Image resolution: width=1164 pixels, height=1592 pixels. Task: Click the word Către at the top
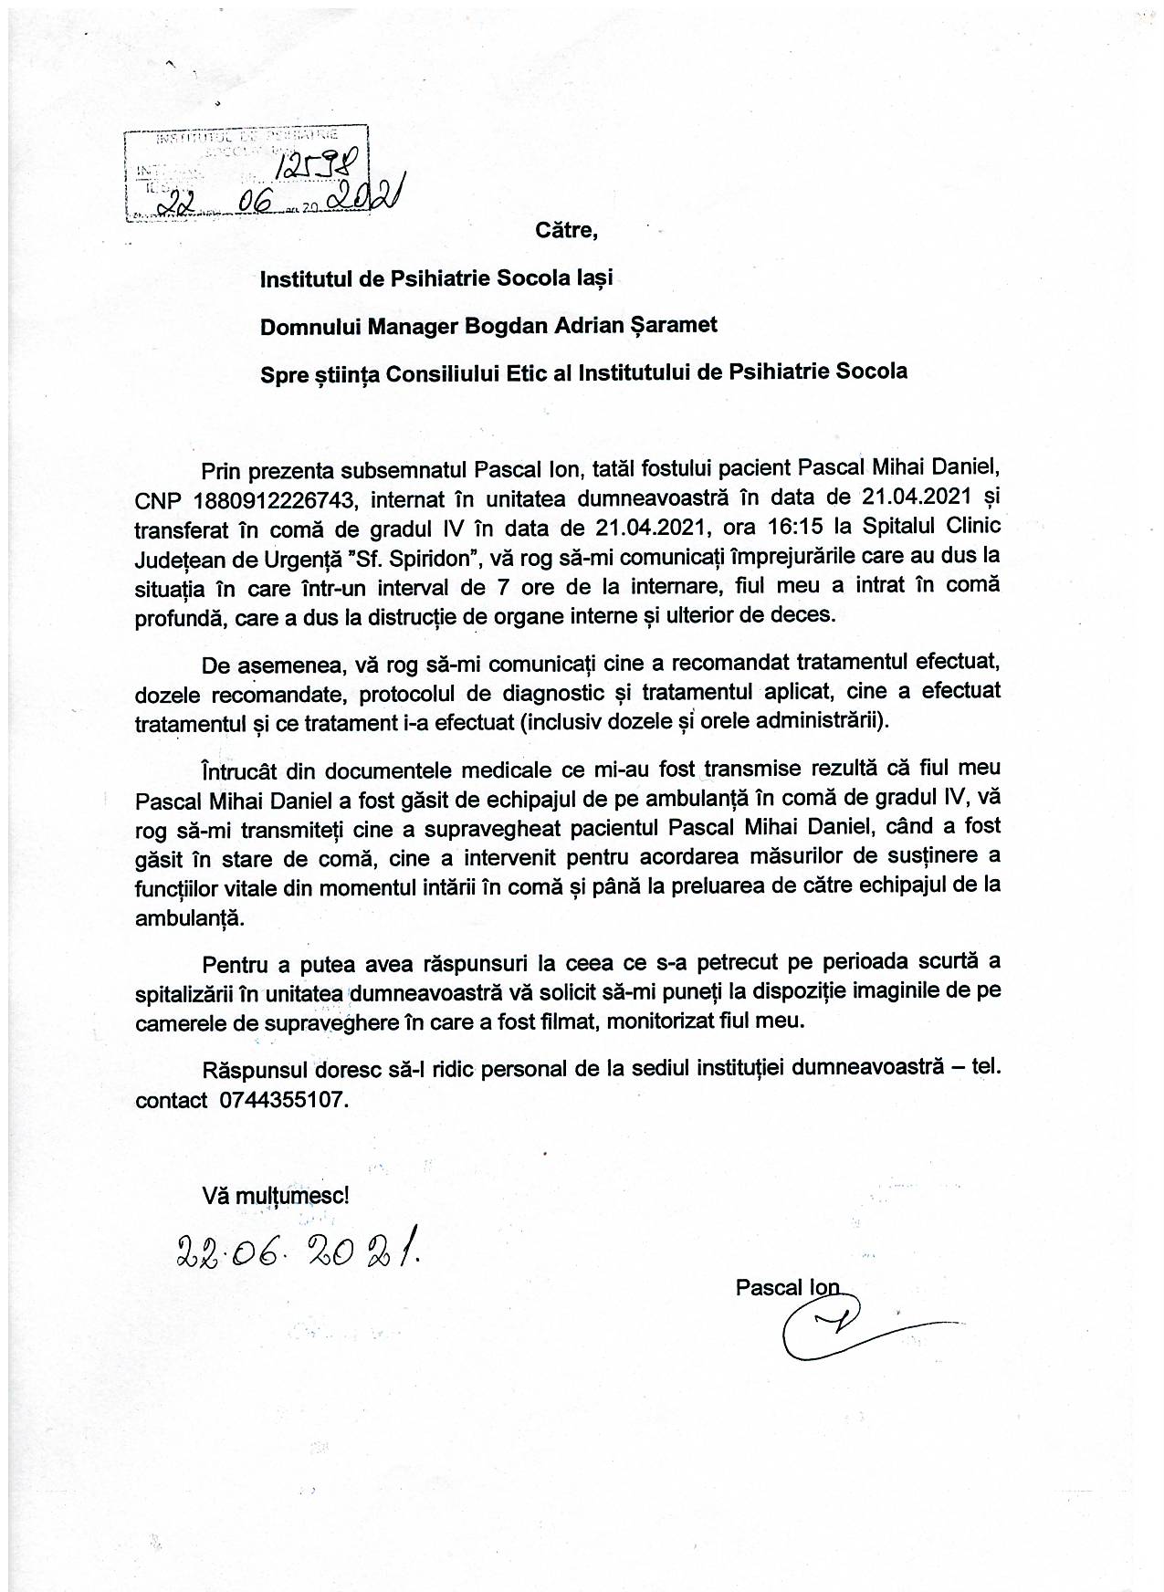[x=566, y=229]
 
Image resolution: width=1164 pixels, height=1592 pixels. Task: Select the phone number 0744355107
[x=283, y=1100]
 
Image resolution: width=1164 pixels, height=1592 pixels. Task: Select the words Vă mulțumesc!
[x=275, y=1194]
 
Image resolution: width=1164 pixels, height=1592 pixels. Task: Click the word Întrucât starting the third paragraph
[x=237, y=768]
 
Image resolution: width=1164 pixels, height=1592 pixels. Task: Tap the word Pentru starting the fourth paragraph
[x=233, y=963]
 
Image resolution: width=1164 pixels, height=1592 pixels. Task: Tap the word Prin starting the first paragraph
[x=219, y=469]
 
